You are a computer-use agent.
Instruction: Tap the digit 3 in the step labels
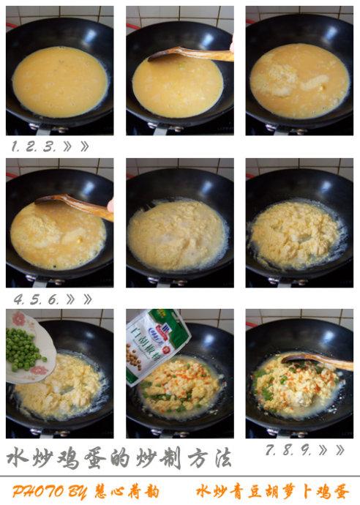[x=50, y=146]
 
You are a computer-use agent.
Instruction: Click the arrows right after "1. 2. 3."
[x=76, y=146]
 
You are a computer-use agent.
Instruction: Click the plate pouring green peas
[x=29, y=344]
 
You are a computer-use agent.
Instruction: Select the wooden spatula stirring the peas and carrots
[x=315, y=359]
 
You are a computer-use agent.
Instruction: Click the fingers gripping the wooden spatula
[x=110, y=206]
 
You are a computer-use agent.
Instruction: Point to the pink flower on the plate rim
[x=18, y=319]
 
